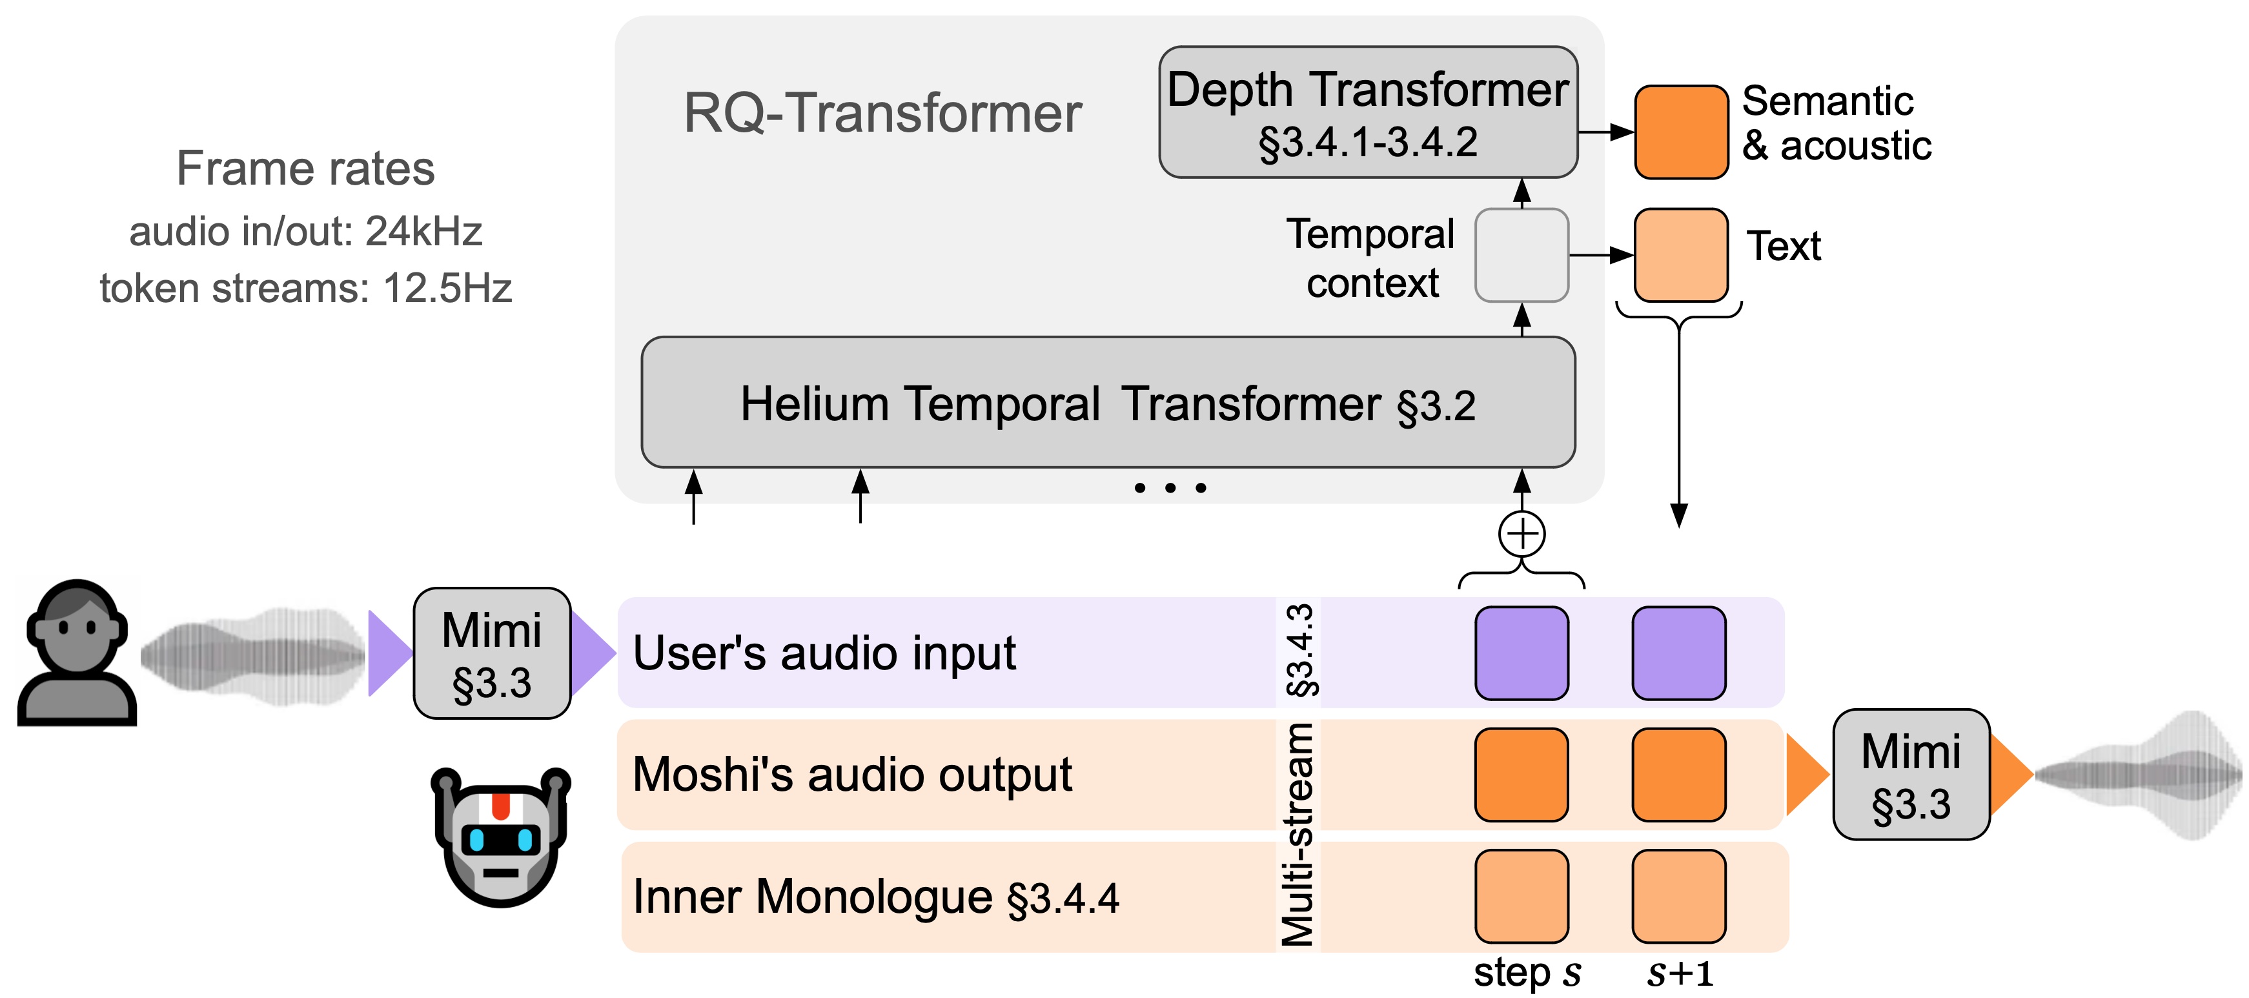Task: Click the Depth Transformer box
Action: coord(1367,112)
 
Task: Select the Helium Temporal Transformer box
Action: coord(1107,403)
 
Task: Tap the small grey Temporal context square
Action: coord(1521,255)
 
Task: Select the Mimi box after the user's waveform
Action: coord(491,653)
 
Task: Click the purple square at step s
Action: coord(1521,653)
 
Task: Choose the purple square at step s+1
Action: coord(1678,653)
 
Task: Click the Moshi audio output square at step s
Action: coord(1521,775)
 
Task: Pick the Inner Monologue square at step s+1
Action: coord(1678,896)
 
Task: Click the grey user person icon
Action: coord(77,653)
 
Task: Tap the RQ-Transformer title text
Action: coord(882,114)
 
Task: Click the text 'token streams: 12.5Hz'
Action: coord(305,288)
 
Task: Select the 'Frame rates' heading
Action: coord(305,168)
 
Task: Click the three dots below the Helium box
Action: coord(1170,488)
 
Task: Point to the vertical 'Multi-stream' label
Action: coord(1297,834)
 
